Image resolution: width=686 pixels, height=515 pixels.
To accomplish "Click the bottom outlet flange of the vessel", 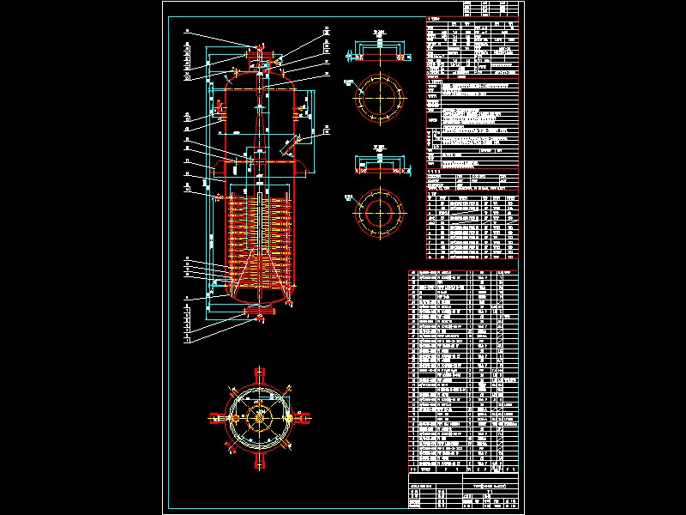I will [x=260, y=311].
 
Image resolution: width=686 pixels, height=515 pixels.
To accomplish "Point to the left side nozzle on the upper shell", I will [x=220, y=109].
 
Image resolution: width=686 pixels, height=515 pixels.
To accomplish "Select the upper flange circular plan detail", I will [x=378, y=96].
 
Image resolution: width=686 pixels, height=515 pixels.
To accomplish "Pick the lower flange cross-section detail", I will [x=378, y=167].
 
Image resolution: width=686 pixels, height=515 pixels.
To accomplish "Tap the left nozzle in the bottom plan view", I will [x=217, y=419].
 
